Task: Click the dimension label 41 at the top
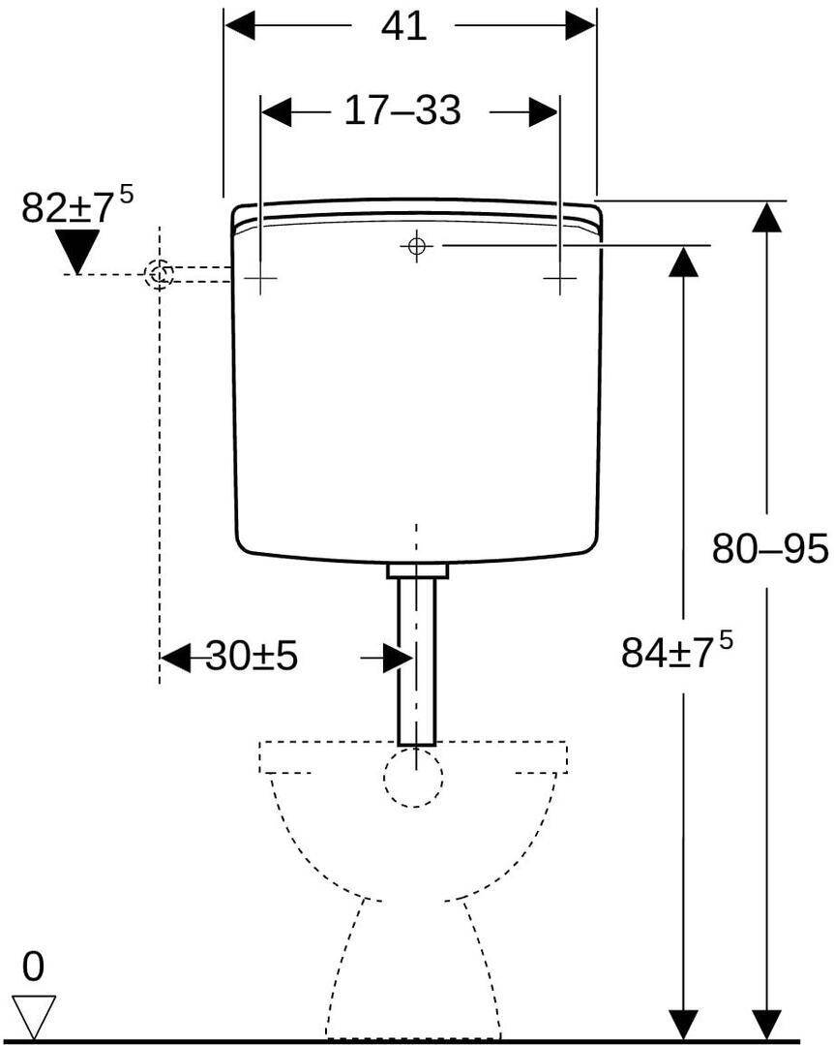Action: pyautogui.click(x=403, y=26)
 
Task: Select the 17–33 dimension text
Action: pyautogui.click(x=402, y=112)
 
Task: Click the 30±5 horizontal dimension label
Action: pyautogui.click(x=251, y=658)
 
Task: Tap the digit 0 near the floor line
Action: pyautogui.click(x=34, y=967)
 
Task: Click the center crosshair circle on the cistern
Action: pyautogui.click(x=416, y=246)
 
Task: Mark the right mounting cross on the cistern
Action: pyautogui.click(x=558, y=279)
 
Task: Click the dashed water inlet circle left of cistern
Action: pyautogui.click(x=160, y=274)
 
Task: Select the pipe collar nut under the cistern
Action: pyautogui.click(x=418, y=570)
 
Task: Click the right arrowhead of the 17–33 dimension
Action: pyautogui.click(x=543, y=112)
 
